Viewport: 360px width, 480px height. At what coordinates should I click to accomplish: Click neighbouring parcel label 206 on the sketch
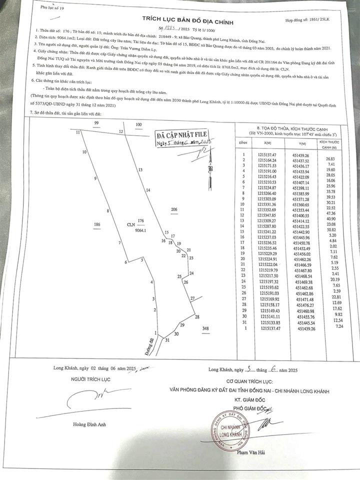(174, 209)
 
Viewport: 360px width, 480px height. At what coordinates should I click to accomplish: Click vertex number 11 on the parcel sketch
(78, 132)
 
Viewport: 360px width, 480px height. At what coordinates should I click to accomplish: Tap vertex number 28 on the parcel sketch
(197, 317)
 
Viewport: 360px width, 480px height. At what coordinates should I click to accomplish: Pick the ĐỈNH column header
(243, 142)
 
